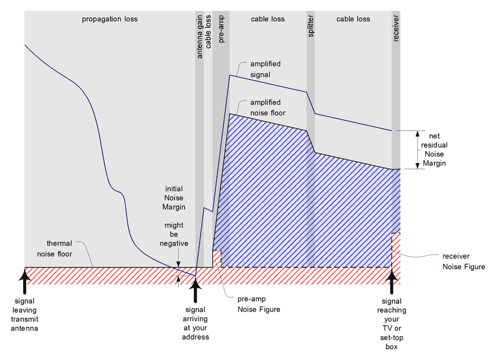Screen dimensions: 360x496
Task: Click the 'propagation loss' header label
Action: pos(109,19)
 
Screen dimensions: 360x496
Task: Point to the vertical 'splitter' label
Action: pos(310,26)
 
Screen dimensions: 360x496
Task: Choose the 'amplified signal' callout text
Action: pos(265,69)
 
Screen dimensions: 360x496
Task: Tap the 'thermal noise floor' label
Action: pos(59,249)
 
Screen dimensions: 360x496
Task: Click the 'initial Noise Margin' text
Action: pos(174,198)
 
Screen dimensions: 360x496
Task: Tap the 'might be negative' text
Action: pos(174,234)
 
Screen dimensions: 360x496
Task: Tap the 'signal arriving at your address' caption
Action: pos(196,323)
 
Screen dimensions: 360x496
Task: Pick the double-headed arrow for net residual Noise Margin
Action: pos(417,150)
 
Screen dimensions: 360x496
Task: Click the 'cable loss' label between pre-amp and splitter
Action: pos(267,19)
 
